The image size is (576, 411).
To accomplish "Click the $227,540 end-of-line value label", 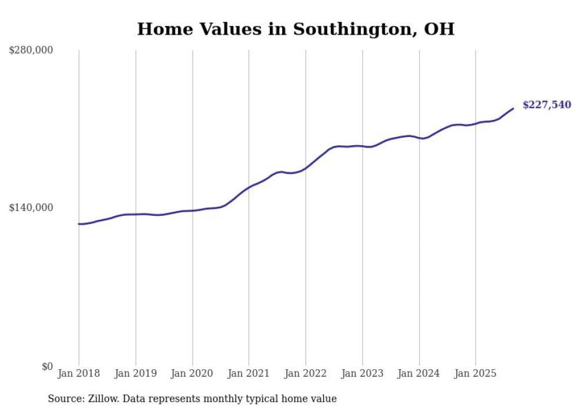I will [546, 105].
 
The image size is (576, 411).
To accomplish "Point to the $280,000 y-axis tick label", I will [31, 51].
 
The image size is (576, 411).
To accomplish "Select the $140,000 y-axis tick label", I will [31, 208].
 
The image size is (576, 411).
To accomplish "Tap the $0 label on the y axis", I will [47, 366].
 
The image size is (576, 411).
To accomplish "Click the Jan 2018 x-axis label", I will [79, 373].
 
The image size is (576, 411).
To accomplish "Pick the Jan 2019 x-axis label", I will [136, 373].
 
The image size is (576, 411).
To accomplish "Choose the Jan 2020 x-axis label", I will [192, 373].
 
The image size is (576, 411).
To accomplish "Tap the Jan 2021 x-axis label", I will [249, 373].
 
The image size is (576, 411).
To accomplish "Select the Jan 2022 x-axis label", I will [306, 373].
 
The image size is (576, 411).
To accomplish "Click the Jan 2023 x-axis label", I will [363, 373].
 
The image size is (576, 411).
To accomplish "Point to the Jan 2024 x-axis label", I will [419, 373].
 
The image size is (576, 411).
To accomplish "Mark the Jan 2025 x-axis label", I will [475, 373].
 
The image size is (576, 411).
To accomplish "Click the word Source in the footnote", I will [63, 399].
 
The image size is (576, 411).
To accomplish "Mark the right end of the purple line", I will [513, 108].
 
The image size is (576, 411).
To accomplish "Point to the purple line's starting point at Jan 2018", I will [79, 224].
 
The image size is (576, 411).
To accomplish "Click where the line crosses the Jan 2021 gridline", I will [249, 188].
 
